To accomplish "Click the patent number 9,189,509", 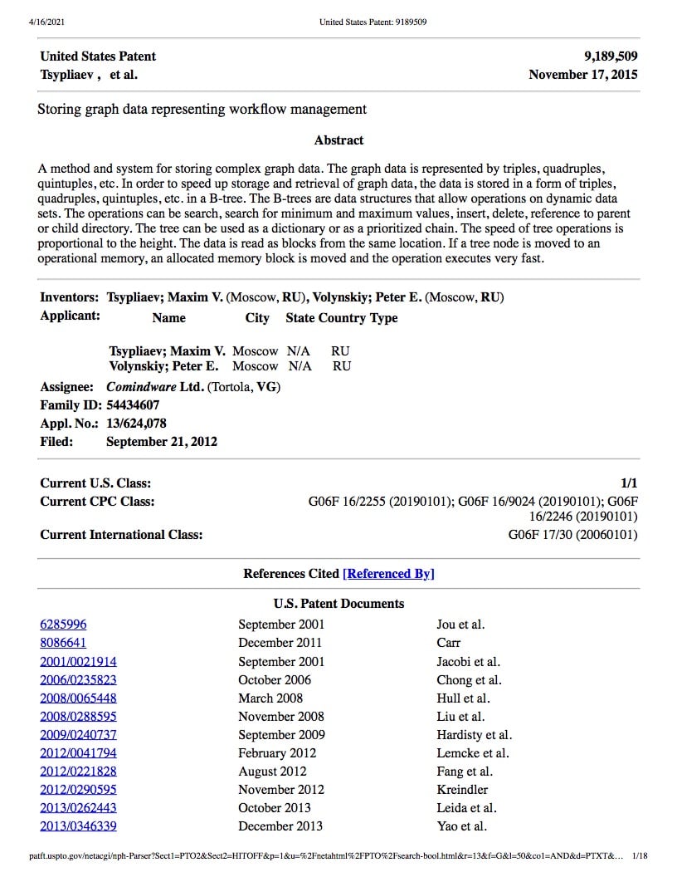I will point(611,56).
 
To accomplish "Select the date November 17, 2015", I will point(583,75).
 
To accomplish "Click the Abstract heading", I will point(338,140).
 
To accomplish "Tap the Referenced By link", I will point(388,574).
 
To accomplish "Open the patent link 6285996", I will point(63,625).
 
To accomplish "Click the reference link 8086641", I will point(63,643).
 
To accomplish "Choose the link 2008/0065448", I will point(78,698).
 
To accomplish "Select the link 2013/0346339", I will point(78,826).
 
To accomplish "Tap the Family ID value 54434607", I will point(133,405).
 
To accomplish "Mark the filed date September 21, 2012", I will point(162,442).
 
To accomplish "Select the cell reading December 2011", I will point(280,643).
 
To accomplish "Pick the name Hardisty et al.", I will point(474,735).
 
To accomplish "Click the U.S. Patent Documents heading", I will point(338,604).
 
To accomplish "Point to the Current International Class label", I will point(121,535).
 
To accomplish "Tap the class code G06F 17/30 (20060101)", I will point(572,535).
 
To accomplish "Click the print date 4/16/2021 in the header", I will point(46,22).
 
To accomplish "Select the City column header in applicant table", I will point(257,318).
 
